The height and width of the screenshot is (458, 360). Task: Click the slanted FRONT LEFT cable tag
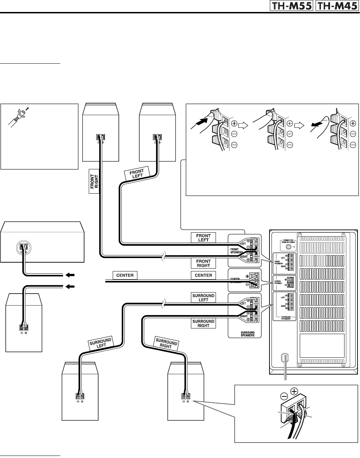click(137, 174)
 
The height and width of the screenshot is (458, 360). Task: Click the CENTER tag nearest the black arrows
click(125, 275)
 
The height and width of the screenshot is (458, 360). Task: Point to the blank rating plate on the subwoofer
click(322, 345)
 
